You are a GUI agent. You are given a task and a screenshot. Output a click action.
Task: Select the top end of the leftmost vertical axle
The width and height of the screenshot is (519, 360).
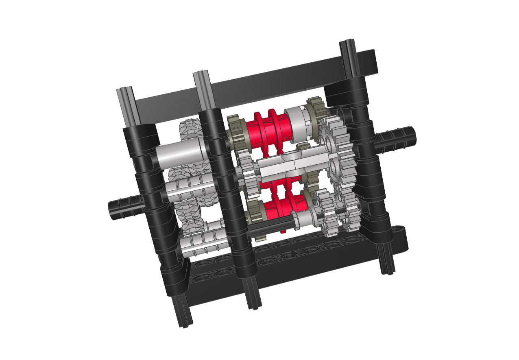124,98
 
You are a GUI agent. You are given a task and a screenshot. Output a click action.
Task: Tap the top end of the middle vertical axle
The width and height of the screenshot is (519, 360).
201,81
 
